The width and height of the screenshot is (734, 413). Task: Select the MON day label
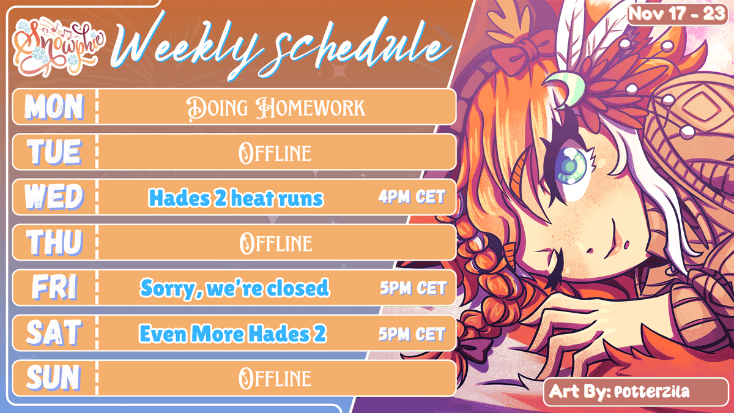[x=54, y=107]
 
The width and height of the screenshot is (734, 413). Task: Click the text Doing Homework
[x=275, y=107]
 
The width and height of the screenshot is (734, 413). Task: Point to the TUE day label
[x=54, y=152]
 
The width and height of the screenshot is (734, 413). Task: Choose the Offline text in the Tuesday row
[x=275, y=152]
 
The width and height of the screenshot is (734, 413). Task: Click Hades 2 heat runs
[x=236, y=198]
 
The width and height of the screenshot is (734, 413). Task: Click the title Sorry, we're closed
[x=235, y=288]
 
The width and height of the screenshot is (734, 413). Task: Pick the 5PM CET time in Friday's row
[x=412, y=288]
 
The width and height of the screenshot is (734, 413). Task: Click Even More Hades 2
[x=233, y=333]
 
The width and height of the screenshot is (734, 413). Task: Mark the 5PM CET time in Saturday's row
[x=412, y=333]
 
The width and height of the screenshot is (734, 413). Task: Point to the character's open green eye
[x=570, y=164]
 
